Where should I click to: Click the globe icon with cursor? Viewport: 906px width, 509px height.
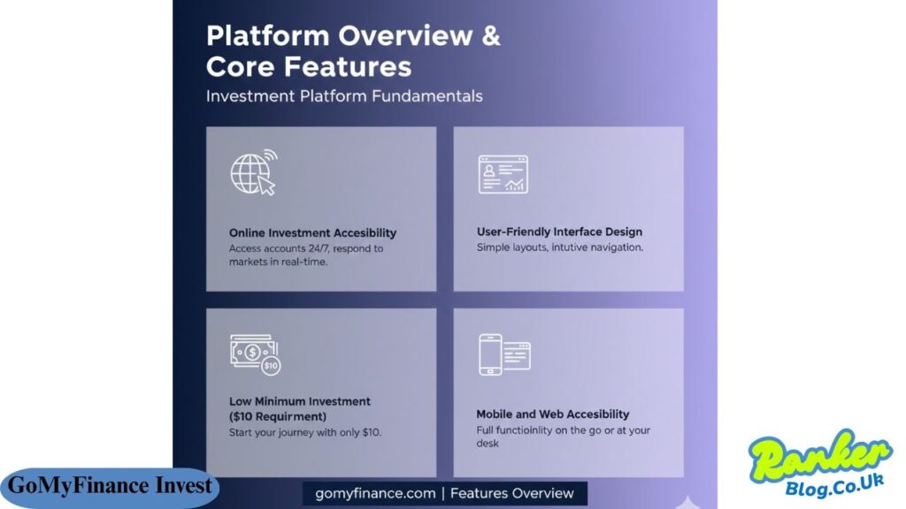coord(253,172)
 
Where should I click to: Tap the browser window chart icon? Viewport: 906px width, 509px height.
coord(502,173)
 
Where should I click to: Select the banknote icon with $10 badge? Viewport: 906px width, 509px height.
coord(254,353)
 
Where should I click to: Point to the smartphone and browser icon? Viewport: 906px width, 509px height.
coord(503,354)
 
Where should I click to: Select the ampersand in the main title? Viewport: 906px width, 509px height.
coord(489,36)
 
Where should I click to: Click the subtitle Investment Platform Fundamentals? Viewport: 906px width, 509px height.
coord(344,96)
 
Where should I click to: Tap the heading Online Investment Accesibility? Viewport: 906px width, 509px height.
coord(312,233)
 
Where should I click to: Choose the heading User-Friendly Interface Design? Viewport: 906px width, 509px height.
coord(559,232)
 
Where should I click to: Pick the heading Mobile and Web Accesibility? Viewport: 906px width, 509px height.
coord(553,414)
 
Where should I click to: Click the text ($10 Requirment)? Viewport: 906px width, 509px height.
coord(278,416)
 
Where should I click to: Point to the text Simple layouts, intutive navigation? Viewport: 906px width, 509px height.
coord(559,247)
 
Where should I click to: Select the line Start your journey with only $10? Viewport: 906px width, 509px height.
coord(305,432)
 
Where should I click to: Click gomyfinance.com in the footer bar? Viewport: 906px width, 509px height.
coord(375,493)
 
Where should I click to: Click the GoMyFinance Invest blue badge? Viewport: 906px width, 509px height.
coord(110,486)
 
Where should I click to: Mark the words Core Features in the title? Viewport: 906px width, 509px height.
coord(308,67)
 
